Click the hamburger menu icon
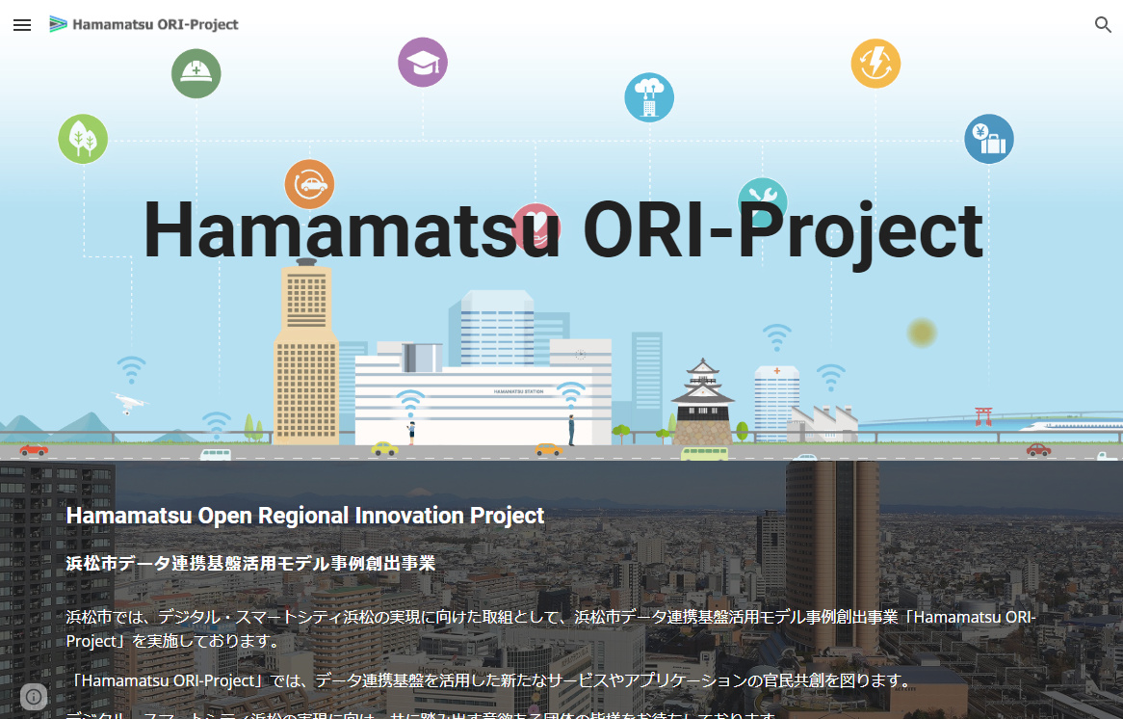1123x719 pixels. point(22,25)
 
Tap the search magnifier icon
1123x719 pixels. point(1103,25)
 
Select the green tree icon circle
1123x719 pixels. point(83,139)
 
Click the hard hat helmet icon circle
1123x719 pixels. point(196,73)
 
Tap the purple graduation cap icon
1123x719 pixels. point(423,63)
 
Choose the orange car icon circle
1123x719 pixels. point(309,183)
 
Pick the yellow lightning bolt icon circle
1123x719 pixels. point(875,65)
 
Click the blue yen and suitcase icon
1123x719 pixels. point(989,139)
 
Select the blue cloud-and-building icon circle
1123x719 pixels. point(649,97)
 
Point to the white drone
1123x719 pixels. point(128,401)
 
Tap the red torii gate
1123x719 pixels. point(983,416)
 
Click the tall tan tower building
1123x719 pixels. point(305,357)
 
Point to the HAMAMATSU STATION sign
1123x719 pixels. point(519,392)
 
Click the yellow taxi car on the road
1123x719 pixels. point(384,448)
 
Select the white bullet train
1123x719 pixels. point(1069,425)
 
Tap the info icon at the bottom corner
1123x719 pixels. point(34,697)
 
